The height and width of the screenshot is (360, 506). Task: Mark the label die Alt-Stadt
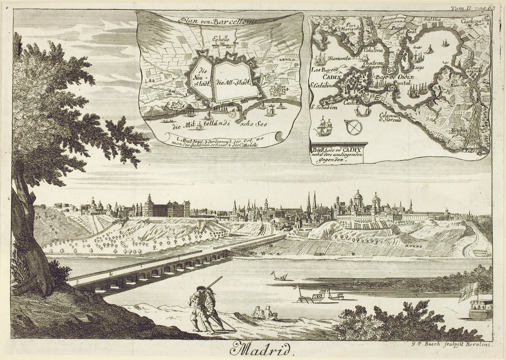233,82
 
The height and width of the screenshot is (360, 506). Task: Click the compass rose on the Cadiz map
354,127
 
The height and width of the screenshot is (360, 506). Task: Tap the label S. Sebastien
325,107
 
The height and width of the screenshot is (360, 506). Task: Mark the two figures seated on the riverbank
265,313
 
